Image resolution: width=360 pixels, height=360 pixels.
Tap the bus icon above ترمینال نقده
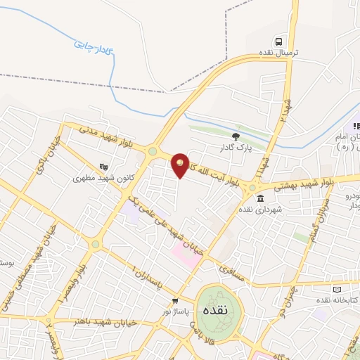279,41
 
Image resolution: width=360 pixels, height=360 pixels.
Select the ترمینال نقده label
279,53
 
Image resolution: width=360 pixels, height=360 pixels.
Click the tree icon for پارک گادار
236,136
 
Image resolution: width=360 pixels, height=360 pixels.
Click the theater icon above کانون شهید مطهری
105,167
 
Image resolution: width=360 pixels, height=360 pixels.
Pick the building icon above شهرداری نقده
260,198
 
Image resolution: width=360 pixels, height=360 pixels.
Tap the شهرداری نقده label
259,210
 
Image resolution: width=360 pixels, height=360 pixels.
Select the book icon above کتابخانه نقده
336,289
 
